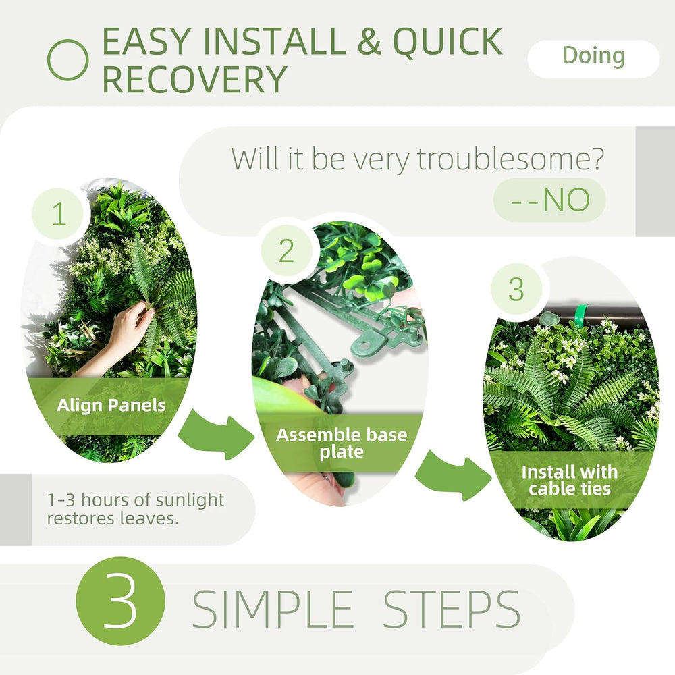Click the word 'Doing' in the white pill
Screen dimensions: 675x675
click(x=593, y=57)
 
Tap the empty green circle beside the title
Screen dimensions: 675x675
click(x=67, y=60)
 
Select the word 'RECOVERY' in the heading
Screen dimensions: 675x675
click(x=194, y=79)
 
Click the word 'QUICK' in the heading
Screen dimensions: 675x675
click(x=448, y=41)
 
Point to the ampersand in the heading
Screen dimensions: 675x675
click(x=369, y=41)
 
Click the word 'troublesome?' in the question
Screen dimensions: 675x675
click(x=511, y=159)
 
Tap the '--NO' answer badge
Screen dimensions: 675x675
click(x=549, y=200)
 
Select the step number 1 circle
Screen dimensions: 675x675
click(x=59, y=214)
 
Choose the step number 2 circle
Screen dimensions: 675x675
click(x=286, y=250)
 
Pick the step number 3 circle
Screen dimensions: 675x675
click(x=516, y=289)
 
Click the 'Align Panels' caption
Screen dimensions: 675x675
click(x=111, y=405)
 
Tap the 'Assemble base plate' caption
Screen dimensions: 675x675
click(x=342, y=443)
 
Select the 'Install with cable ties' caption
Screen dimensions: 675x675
click(x=570, y=480)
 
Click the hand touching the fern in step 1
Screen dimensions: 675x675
click(x=125, y=331)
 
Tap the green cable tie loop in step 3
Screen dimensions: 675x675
click(x=580, y=317)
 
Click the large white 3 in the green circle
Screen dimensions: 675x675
click(x=120, y=601)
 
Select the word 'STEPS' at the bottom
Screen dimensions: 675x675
click(x=452, y=609)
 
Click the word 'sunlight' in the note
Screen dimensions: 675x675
click(x=190, y=501)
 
